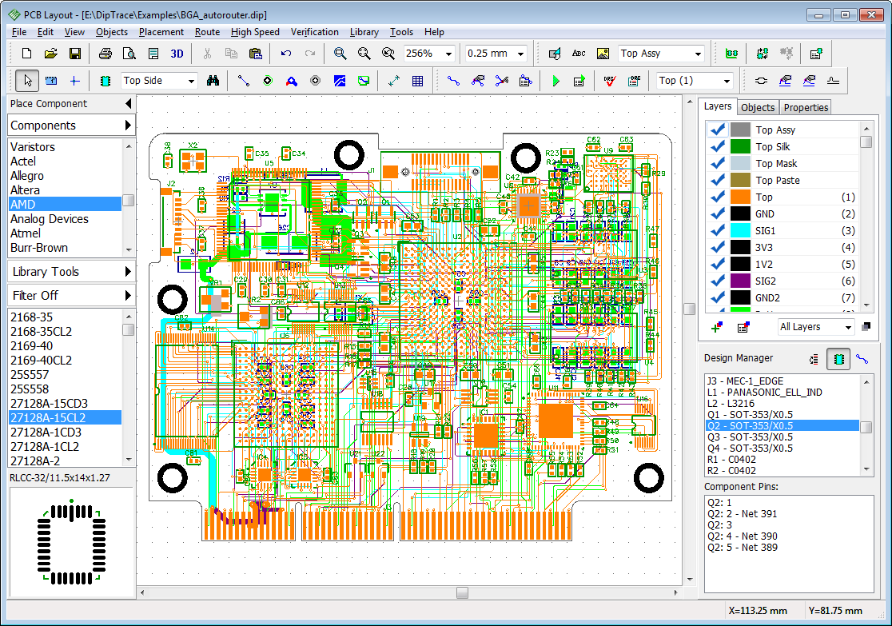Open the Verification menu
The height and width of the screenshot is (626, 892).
pyautogui.click(x=314, y=32)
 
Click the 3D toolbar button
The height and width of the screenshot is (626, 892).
pyautogui.click(x=177, y=54)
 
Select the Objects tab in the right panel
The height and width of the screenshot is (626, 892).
pyautogui.click(x=757, y=107)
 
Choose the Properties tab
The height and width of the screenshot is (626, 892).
pyautogui.click(x=806, y=107)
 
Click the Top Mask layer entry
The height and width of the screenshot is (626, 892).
pyautogui.click(x=776, y=163)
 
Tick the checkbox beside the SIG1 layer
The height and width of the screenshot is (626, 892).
pyautogui.click(x=718, y=230)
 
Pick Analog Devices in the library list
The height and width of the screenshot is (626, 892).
pyautogui.click(x=49, y=219)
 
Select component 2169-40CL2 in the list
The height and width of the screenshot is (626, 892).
pyautogui.click(x=40, y=361)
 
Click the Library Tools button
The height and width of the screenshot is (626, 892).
pyautogui.click(x=70, y=272)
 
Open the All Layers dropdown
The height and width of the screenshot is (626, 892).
pyautogui.click(x=816, y=326)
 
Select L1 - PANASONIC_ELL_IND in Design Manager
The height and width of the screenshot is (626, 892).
pyautogui.click(x=763, y=393)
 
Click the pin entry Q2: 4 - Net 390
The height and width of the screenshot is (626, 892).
pyautogui.click(x=742, y=536)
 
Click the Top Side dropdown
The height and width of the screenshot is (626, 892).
pyautogui.click(x=158, y=81)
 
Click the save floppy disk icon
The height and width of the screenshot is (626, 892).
pyautogui.click(x=74, y=54)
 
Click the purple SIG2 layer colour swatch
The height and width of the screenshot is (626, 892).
pyautogui.click(x=740, y=281)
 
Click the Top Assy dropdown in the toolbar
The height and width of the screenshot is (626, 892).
pyautogui.click(x=661, y=54)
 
